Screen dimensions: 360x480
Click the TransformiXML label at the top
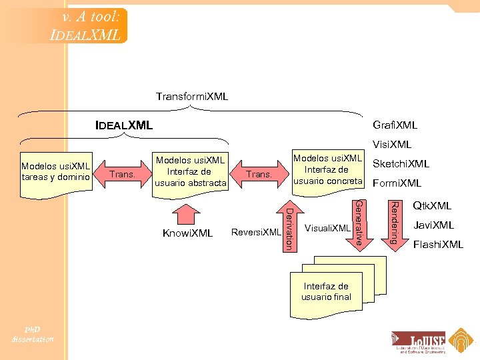coord(191,97)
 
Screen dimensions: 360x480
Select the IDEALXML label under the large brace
coord(124,125)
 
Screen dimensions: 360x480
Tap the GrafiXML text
coord(395,125)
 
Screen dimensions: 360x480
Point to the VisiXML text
coord(392,145)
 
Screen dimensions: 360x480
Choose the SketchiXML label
coord(401,164)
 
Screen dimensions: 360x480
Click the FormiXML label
coord(397,183)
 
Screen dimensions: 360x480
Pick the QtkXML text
coord(432,206)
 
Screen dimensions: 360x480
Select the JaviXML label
coord(433,225)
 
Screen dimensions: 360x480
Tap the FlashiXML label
coord(438,245)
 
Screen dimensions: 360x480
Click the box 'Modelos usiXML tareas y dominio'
coord(56,171)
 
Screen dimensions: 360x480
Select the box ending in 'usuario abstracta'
coord(190,172)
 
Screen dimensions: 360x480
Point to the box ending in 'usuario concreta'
coord(327,171)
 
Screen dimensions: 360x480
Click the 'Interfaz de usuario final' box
coord(325,291)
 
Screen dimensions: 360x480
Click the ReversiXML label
coord(255,233)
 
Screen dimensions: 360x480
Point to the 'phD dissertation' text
coord(32,334)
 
